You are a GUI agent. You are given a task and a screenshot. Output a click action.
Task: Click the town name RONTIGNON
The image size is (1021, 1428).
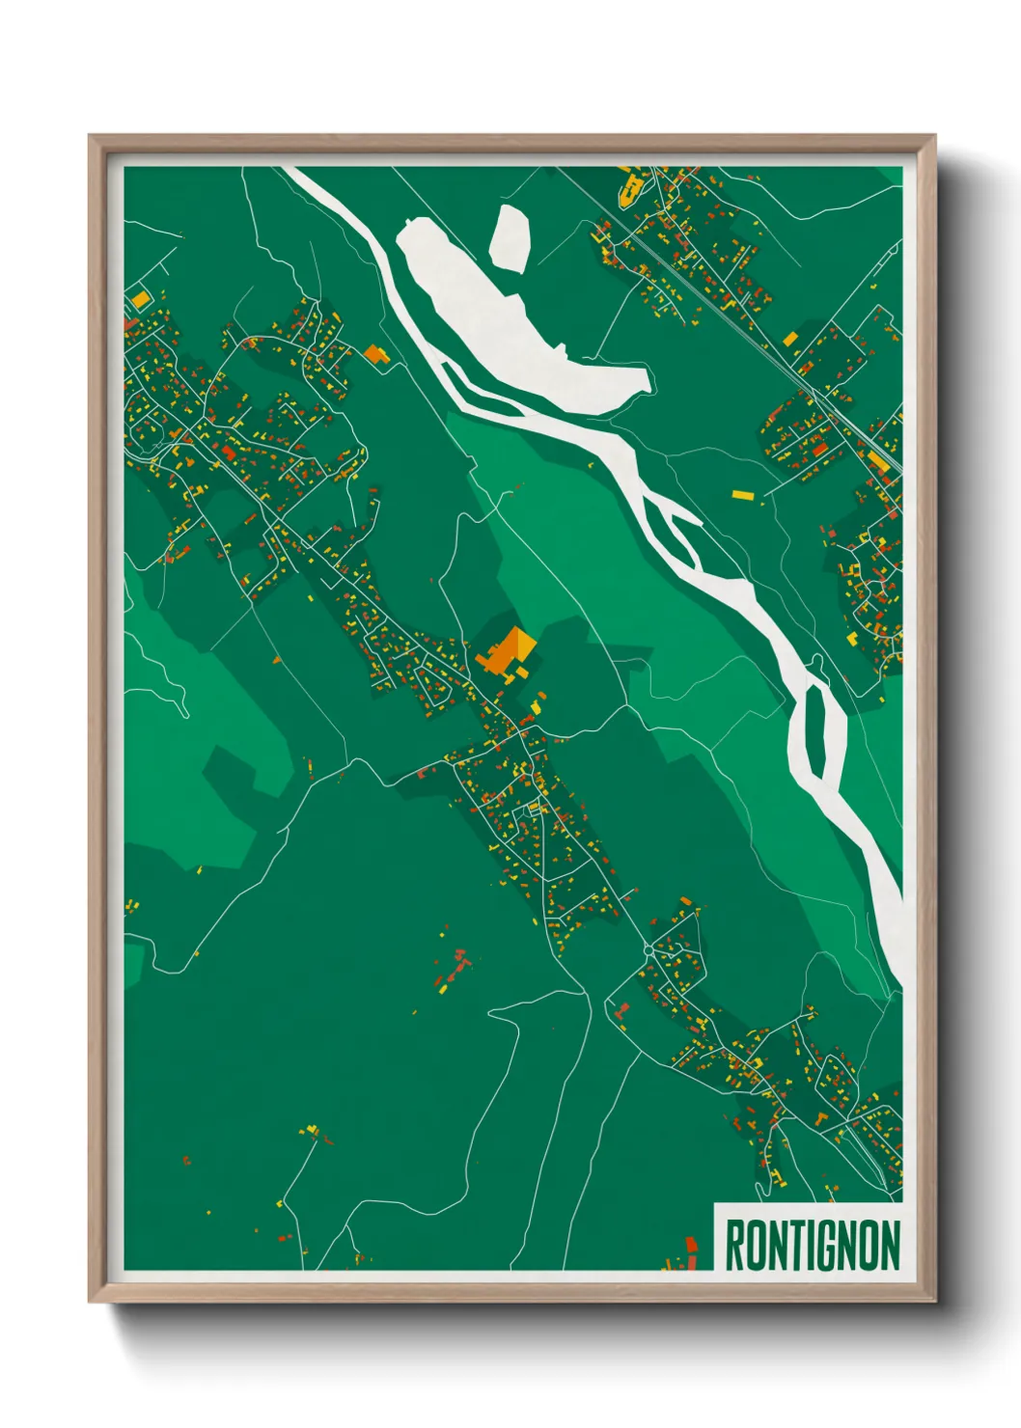pyautogui.click(x=812, y=1245)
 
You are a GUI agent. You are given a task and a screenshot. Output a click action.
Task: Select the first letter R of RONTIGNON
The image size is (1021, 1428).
pyautogui.click(x=734, y=1245)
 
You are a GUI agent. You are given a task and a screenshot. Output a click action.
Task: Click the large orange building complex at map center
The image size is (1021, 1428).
pyautogui.click(x=504, y=652)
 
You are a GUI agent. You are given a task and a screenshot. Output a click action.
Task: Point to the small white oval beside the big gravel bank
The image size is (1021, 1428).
pyautogui.click(x=510, y=234)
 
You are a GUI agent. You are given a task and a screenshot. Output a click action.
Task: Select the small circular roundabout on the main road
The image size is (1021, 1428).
pyautogui.click(x=648, y=950)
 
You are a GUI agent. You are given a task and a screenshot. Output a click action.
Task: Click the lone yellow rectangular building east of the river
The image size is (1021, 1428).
pyautogui.click(x=741, y=495)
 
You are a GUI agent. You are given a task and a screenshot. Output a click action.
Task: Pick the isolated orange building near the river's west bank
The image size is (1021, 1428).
pyautogui.click(x=374, y=354)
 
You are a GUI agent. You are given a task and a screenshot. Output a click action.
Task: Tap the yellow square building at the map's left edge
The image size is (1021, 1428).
pyautogui.click(x=141, y=300)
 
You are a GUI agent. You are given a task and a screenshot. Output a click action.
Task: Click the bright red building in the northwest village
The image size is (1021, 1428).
pyautogui.click(x=228, y=452)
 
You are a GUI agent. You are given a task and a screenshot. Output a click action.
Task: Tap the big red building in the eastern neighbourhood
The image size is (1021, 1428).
pyautogui.click(x=819, y=449)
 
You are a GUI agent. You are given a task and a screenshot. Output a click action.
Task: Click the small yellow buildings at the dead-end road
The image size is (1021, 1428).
pyautogui.click(x=312, y=1130)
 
